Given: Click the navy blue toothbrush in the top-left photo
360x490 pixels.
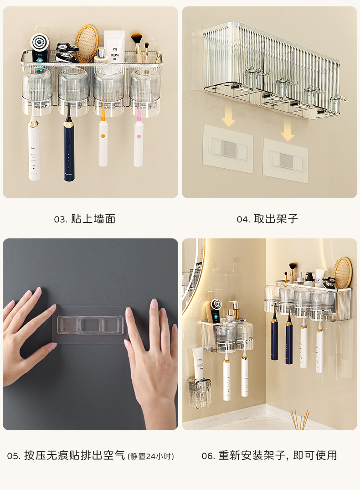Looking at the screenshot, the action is (69, 150).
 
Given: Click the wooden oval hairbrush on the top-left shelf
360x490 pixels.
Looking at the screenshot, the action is (87, 44).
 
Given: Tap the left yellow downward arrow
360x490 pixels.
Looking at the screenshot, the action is (228, 116).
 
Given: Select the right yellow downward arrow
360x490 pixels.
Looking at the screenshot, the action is (288, 131).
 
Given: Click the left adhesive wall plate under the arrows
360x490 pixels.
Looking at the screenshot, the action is (228, 149).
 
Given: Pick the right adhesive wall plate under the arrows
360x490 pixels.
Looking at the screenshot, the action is (286, 160).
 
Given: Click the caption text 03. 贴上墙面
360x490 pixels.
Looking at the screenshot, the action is (85, 219).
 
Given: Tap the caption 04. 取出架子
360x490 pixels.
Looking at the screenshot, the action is (267, 219).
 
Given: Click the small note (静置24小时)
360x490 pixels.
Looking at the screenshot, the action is (151, 456).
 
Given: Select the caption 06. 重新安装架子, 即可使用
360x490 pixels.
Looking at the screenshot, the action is (269, 455).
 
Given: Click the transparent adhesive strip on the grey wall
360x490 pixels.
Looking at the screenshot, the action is (90, 325).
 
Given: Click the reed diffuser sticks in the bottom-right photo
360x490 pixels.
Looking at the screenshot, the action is (300, 420).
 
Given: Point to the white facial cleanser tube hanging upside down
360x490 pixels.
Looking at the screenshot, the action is (198, 363).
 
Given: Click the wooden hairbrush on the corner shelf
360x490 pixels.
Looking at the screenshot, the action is (343, 273).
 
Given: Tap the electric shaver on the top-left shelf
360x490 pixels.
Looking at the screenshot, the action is (67, 52).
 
